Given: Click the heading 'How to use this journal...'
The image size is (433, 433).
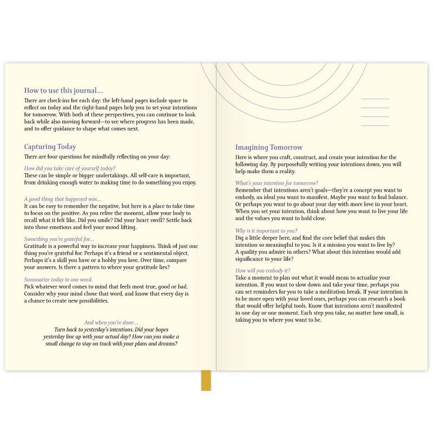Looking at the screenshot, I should point(63,91).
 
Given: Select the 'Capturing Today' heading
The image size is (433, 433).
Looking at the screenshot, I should point(50,147).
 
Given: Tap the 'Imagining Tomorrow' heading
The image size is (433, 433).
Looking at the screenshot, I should point(269,147).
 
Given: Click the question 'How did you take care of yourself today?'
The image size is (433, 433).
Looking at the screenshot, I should point(70,168).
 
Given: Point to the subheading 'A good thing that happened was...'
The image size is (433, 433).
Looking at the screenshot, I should point(63,199).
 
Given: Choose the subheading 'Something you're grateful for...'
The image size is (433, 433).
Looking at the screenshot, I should point(59,239).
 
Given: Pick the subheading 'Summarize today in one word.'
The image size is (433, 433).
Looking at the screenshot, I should point(58,279).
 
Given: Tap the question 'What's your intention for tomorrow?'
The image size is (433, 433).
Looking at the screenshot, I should point(277,183).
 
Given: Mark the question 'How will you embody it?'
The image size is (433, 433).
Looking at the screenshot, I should point(263,270).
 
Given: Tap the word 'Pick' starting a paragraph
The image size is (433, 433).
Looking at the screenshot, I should point(29,286).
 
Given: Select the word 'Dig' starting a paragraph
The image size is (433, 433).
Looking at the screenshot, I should point(240,238).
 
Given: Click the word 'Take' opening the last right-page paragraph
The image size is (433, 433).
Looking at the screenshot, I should point(241,277).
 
